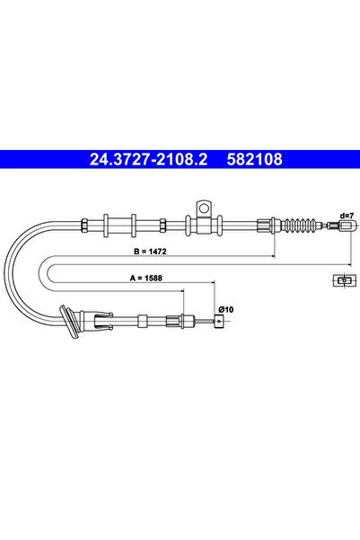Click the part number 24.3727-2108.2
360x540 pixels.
pyautogui.click(x=148, y=159)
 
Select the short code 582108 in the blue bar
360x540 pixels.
pyautogui.click(x=254, y=159)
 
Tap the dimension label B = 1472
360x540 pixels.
pyautogui.click(x=150, y=252)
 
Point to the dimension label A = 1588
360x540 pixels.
pyautogui.click(x=146, y=278)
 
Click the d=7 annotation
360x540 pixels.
pyautogui.click(x=347, y=216)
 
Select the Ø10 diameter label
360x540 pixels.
pyautogui.click(x=225, y=310)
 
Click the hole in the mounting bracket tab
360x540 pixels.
pyautogui.click(x=204, y=208)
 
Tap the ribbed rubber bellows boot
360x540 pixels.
pyautogui.click(x=300, y=226)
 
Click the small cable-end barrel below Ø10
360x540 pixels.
pyautogui.click(x=218, y=322)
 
